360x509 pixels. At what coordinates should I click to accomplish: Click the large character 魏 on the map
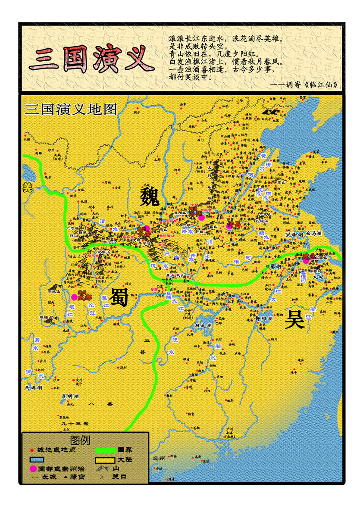pos(150,197)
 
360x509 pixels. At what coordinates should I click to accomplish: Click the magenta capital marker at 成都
pos(75,297)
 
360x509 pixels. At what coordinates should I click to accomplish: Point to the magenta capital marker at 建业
pos(306,260)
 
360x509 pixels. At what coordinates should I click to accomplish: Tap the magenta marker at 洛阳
pos(201,218)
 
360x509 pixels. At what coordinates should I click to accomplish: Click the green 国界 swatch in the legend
pos(105,450)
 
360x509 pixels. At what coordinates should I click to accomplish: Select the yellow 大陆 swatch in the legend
pos(105,459)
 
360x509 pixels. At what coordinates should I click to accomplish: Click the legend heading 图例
pos(80,440)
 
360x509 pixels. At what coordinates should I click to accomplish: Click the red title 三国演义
pos(91,59)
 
